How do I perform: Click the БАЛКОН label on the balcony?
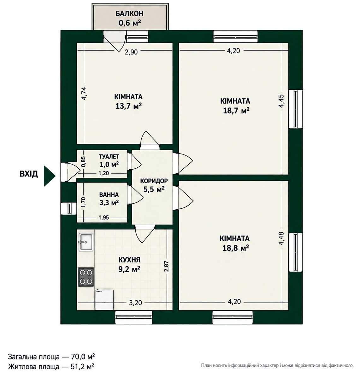point(129,14)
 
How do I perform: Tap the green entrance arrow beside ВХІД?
point(49,176)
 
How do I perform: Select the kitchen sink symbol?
point(86,242)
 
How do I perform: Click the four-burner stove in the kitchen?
point(86,277)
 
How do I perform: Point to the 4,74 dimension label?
point(84,93)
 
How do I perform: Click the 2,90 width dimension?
point(131,52)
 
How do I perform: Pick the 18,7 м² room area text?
point(236,111)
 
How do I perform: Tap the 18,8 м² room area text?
point(236,248)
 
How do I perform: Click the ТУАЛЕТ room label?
point(109,156)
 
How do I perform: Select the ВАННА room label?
point(109,195)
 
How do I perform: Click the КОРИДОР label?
point(154,181)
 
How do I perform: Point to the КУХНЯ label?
point(129,260)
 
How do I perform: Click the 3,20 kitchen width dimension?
point(135,303)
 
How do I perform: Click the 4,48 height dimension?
point(281,238)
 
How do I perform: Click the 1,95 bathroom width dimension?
point(104,218)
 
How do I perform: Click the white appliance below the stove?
point(104,300)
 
